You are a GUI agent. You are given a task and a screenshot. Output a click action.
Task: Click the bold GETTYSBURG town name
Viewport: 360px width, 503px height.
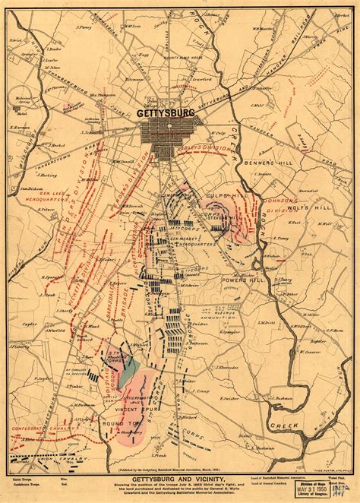(166, 112)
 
